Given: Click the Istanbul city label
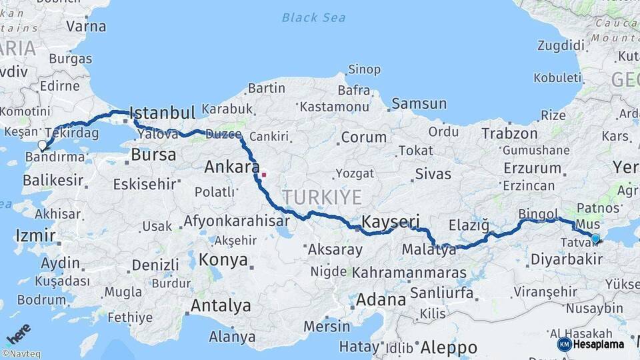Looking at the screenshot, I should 162,111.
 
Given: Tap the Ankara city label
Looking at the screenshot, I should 232,167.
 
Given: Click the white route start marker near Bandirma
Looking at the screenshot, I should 43,145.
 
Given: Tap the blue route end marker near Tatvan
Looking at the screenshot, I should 595,237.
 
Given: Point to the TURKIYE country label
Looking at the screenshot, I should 322,197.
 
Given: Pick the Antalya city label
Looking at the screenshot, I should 221,306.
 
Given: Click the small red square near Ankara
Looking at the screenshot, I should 264,175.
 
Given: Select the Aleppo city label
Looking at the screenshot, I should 449,347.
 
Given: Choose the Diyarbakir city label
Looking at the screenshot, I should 566,259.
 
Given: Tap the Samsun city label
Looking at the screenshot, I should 419,103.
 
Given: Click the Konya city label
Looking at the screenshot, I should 223,259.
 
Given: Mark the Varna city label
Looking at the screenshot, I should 86,27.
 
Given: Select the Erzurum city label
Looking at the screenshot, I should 532,168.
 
